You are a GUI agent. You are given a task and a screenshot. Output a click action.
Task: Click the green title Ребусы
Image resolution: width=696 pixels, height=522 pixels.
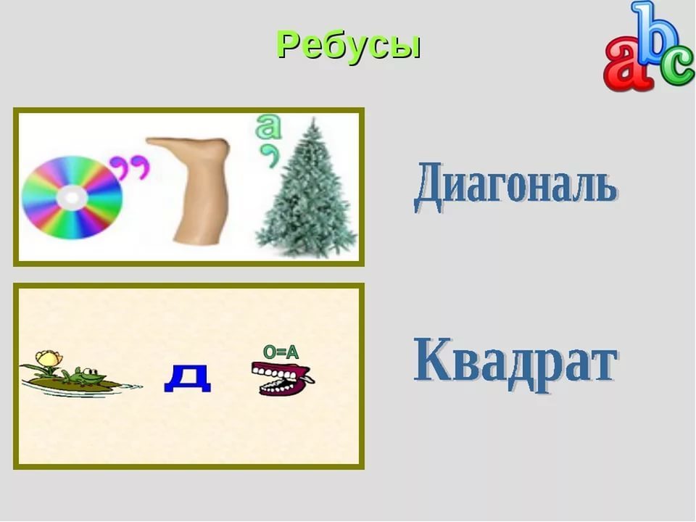349,46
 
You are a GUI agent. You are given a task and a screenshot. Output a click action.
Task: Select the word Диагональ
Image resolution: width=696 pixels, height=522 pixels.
515,186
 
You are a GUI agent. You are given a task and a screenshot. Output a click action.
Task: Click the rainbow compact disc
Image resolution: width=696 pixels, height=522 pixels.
72,197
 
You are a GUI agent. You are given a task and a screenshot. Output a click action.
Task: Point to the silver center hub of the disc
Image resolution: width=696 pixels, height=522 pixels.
72,198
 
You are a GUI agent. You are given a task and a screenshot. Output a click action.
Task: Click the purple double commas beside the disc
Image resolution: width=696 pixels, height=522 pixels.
130,167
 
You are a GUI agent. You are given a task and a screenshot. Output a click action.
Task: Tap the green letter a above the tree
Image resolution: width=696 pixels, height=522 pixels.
268,126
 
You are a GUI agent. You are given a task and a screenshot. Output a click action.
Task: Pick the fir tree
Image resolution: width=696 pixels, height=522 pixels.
306,188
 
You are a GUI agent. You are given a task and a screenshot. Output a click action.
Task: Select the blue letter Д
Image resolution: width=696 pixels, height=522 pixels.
187,378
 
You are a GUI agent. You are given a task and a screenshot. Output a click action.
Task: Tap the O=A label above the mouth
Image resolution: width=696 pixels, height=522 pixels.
281,352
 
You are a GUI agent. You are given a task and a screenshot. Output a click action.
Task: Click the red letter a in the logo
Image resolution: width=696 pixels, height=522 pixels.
626,62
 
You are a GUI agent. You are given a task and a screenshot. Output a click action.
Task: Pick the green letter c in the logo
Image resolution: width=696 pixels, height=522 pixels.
677,66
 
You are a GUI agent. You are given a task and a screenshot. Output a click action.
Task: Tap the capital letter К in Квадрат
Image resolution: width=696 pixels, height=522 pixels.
434,359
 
